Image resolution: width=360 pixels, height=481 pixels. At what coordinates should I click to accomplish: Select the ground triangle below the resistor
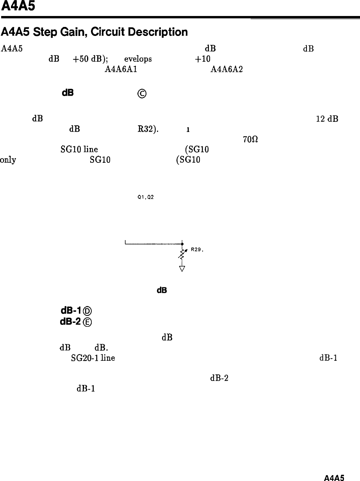coord(182,268)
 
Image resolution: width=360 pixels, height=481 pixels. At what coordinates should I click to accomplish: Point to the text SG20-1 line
coord(93,359)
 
